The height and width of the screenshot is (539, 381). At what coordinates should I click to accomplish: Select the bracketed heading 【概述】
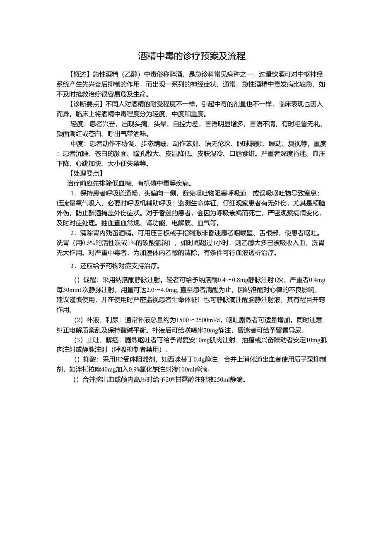click(80, 75)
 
